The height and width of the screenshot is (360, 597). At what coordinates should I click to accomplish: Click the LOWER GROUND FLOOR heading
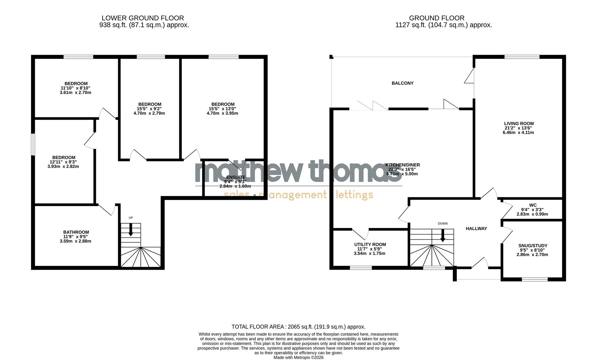point(143,18)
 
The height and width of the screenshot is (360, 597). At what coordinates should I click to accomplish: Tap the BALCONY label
point(402,83)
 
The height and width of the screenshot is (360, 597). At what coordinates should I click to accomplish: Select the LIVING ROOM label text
point(519,123)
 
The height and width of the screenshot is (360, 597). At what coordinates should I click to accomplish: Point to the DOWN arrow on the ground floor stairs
point(443,235)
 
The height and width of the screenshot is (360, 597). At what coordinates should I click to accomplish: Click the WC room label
point(533,205)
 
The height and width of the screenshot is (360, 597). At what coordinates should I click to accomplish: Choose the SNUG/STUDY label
point(533,246)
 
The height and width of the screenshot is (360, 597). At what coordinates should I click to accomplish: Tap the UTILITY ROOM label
point(370,244)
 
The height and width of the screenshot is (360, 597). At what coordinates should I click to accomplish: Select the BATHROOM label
point(76,232)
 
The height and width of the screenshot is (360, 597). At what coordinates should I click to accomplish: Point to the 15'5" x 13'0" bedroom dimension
point(223,109)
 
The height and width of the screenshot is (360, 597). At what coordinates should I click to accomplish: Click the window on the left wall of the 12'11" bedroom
point(33,144)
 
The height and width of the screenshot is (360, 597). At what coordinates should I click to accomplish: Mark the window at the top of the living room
point(522,57)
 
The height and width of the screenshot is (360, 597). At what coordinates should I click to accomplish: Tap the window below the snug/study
point(534,279)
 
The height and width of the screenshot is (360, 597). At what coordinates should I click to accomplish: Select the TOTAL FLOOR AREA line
point(298,327)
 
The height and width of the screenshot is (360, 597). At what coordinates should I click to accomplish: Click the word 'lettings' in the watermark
point(354,195)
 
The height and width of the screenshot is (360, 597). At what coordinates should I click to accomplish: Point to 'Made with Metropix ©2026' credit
point(298,357)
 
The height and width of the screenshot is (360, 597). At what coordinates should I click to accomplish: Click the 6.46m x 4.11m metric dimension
point(518,132)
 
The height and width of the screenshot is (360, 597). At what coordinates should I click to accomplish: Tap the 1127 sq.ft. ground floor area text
point(443,25)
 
